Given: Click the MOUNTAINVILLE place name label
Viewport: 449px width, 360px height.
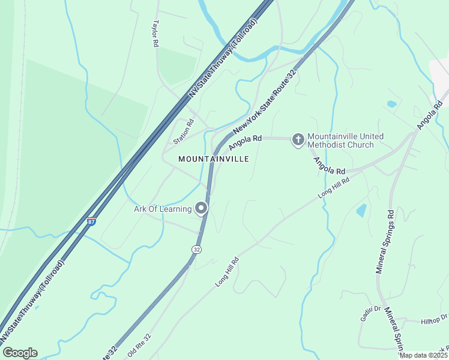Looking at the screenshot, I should point(213,159).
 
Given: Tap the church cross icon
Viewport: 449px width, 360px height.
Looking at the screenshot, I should point(298,140).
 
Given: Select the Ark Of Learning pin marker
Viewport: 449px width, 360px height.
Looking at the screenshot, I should point(201,209).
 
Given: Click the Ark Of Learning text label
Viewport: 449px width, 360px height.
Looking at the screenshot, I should point(162,209).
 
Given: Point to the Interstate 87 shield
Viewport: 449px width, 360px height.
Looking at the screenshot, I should point(91,222).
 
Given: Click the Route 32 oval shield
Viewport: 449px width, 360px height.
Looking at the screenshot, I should point(196,248).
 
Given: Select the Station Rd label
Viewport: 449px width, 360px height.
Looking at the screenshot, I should point(184,132).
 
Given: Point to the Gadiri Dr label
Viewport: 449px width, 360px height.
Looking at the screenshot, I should point(370,313).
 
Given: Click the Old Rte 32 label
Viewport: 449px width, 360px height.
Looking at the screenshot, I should point(139,346).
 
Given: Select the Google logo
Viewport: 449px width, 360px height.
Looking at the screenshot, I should point(19,353).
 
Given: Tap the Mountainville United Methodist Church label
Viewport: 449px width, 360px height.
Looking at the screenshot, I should point(340,140).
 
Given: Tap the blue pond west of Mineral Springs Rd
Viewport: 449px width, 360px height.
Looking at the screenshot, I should point(361,210).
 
